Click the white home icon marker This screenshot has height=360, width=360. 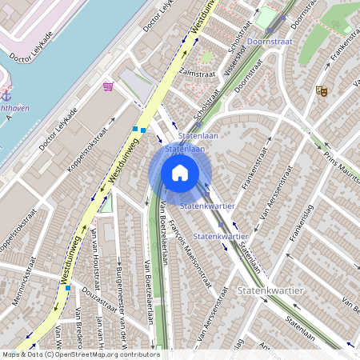pos(180,173)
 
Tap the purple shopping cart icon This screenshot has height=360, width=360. pos(108,86)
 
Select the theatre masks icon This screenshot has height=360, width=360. pos(322,91)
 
